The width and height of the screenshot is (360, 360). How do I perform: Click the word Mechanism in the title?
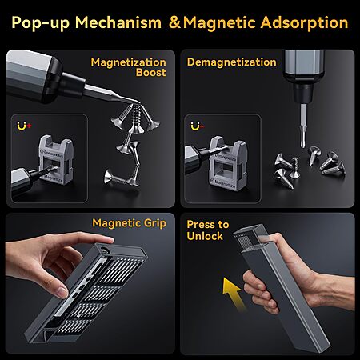(x=118, y=22)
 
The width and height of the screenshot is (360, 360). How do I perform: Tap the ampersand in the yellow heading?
(x=175, y=22)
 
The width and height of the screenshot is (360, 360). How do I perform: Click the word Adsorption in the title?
(x=304, y=22)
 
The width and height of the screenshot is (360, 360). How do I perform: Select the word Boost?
(x=151, y=73)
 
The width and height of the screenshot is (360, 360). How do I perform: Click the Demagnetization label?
(x=231, y=62)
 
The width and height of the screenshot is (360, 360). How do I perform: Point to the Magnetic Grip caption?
(x=129, y=223)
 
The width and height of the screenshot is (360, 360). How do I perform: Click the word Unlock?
(x=205, y=236)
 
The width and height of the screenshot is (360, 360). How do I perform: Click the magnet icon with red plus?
(x=24, y=126)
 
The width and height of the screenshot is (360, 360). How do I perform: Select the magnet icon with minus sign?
(x=198, y=126)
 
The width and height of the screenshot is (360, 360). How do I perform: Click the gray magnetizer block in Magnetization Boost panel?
(x=56, y=160)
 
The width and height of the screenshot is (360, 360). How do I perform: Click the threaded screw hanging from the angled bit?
(x=137, y=118)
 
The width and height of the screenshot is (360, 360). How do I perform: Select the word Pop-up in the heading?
(x=41, y=23)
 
